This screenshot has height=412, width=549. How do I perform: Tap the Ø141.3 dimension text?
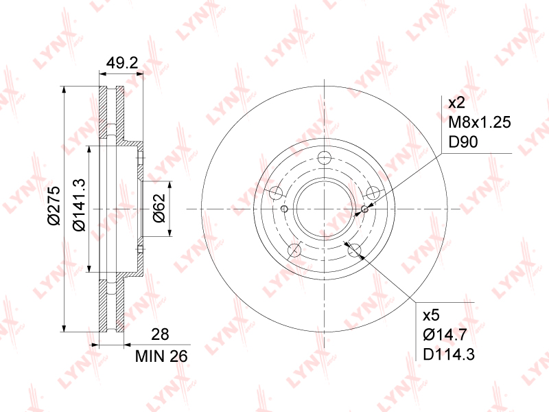(79, 205)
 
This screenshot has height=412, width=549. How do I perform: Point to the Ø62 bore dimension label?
(159, 208)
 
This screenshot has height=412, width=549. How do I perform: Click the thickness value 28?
(160, 334)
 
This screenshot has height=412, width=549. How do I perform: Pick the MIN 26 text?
(161, 356)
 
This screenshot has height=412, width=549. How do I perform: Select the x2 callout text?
(456, 102)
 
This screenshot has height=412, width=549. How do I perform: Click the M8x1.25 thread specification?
(480, 122)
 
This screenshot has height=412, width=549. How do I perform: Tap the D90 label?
(463, 142)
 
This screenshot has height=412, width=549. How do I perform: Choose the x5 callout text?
(431, 315)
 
